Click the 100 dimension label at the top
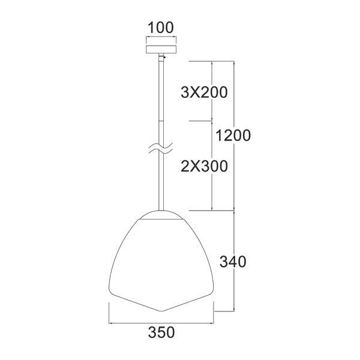161,27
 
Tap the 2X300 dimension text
204,166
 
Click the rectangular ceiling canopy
161,46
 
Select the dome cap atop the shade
160,215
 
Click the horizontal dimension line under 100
161,37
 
